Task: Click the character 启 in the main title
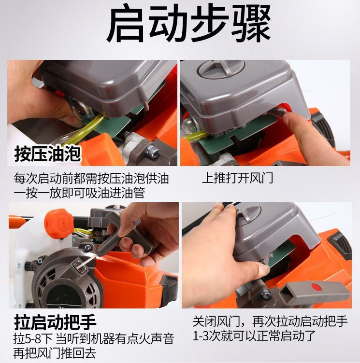[x=127, y=25]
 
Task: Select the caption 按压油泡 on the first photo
[x=48, y=155]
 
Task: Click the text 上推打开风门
[x=237, y=178]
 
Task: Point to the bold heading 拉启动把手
[x=55, y=321]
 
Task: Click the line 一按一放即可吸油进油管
[x=80, y=193]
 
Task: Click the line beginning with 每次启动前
[x=91, y=179]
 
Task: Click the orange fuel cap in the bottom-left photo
[x=58, y=223]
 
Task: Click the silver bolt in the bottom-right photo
[x=266, y=293]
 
